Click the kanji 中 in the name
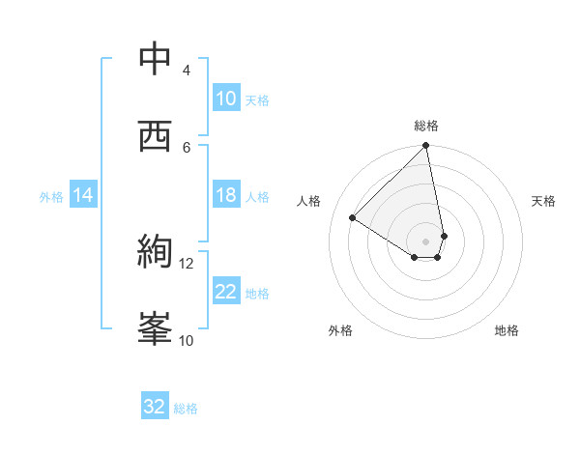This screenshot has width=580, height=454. pos(156,60)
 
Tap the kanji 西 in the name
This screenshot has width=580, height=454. pos(156,136)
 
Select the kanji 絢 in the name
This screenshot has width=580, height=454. pos(156,252)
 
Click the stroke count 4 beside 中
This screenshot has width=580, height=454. pos(186,71)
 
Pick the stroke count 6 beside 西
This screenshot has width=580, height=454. pos(186,147)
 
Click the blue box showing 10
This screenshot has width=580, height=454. pos(226,99)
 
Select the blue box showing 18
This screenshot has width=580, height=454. pos(226,195)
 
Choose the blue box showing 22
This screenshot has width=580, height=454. pos(226,292)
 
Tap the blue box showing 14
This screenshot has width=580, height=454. pos(83,195)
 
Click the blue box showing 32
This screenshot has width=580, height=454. pos(155,407)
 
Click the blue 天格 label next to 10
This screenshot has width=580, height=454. pos(257,99)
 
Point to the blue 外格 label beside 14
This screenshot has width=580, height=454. pos(51,196)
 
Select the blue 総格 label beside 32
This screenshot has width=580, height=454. pos(186,408)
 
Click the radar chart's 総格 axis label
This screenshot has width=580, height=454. pos(426,126)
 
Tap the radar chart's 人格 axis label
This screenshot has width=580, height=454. pos(309,201)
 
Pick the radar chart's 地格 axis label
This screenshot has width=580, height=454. pos(507,330)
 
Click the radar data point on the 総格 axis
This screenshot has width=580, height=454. pos(426,147)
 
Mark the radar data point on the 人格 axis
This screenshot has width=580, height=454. pos(353,218)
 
